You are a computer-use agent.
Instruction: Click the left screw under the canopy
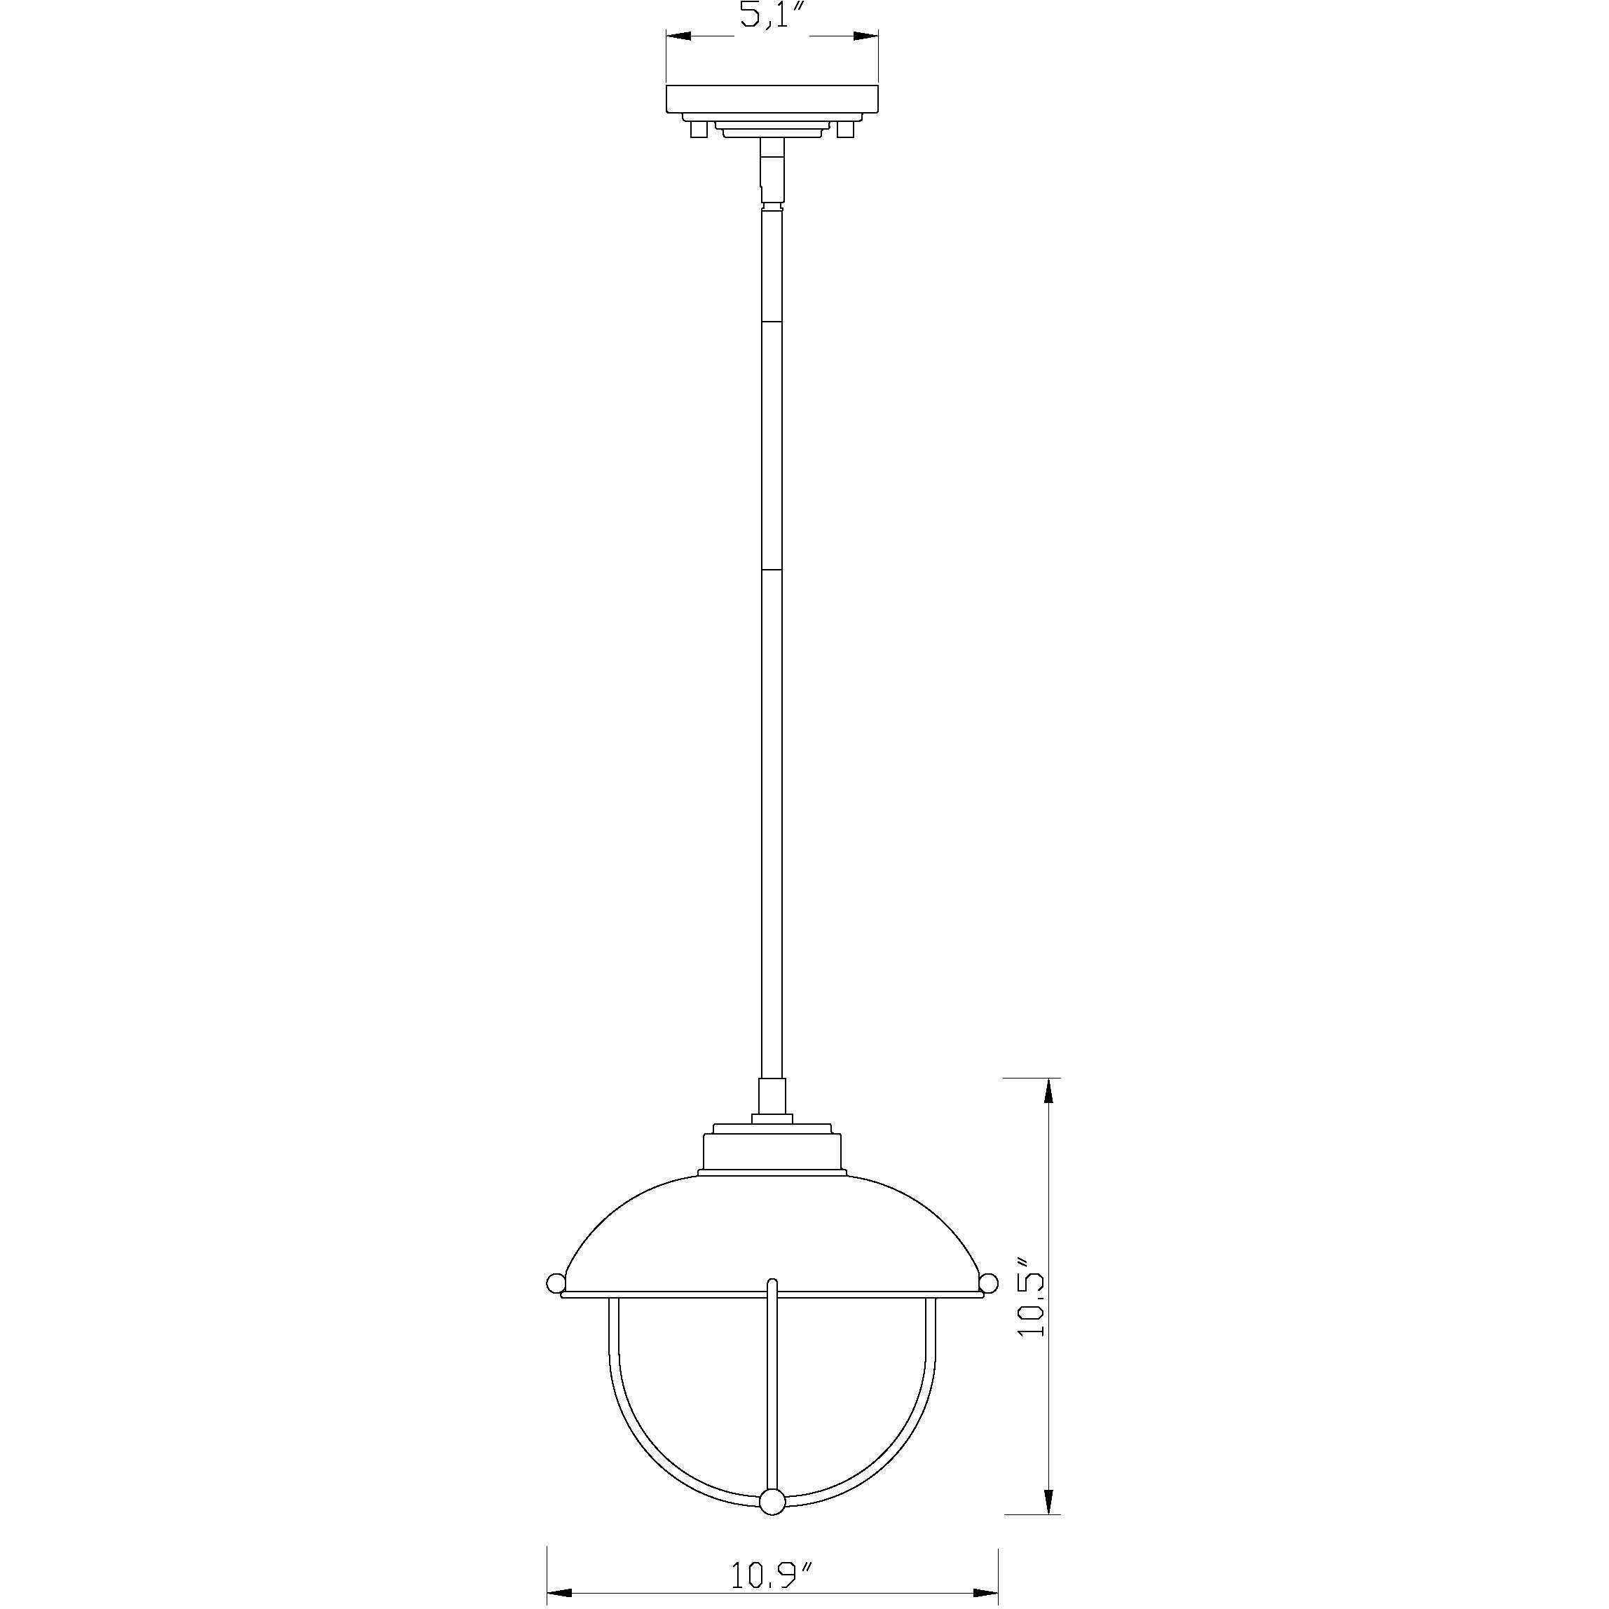point(699,129)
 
